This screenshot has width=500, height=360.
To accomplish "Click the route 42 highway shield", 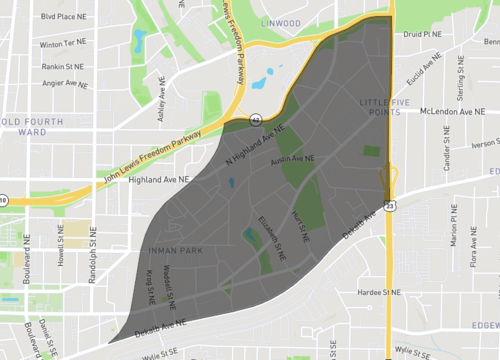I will [257, 119].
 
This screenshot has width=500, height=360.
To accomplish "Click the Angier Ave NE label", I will [63, 85].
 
